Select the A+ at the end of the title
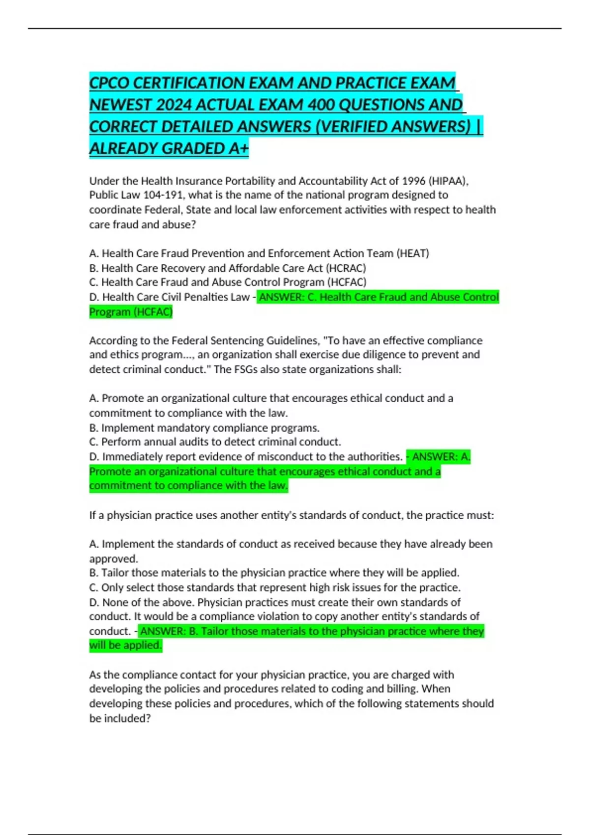238,148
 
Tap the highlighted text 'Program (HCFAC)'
131,312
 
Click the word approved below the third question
113,559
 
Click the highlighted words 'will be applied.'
125,645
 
